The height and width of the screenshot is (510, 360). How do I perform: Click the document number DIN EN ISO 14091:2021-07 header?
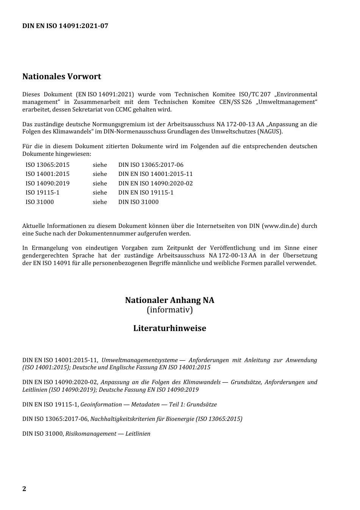[65, 26]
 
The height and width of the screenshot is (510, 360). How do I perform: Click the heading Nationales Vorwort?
[62, 77]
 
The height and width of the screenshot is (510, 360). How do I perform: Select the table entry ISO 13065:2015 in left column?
[47, 165]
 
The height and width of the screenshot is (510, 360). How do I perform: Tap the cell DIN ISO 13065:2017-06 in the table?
[151, 165]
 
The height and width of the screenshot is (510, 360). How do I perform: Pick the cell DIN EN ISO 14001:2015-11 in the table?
[155, 174]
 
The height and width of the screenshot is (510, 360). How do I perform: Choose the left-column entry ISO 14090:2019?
[47, 183]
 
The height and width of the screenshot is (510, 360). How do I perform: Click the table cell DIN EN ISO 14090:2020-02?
[155, 183]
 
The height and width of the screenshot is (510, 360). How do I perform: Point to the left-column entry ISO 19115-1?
[42, 193]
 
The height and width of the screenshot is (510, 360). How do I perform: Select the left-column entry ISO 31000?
[40, 202]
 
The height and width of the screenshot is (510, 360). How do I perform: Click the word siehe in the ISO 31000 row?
[100, 202]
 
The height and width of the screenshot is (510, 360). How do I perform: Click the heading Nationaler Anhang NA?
[169, 300]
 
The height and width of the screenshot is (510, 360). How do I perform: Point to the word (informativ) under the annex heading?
[170, 310]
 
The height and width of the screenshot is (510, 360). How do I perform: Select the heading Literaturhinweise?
[169, 328]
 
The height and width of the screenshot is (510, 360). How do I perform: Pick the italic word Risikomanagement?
[91, 434]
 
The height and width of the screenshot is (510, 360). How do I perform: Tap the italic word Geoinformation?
[101, 405]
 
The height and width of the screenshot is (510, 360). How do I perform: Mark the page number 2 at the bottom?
[24, 489]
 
